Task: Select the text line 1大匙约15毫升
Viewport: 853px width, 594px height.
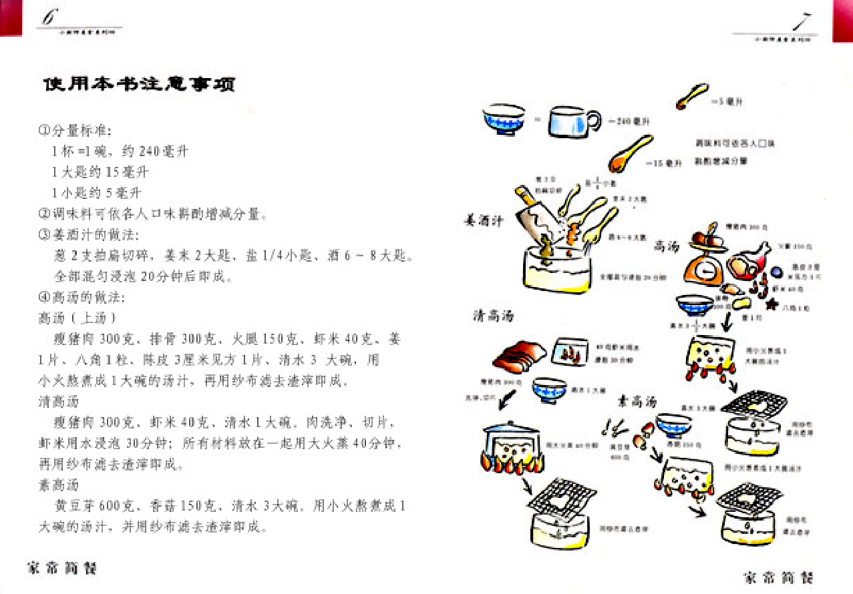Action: [x=100, y=172]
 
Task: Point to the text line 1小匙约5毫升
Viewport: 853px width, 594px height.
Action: [x=97, y=194]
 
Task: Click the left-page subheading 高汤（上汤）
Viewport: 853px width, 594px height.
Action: [x=78, y=318]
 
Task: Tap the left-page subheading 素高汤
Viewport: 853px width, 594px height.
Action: [x=58, y=485]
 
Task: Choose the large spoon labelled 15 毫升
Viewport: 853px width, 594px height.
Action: [x=629, y=154]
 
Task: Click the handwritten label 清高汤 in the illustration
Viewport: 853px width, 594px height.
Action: [x=494, y=316]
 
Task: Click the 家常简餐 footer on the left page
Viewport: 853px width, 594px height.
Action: [x=61, y=569]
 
